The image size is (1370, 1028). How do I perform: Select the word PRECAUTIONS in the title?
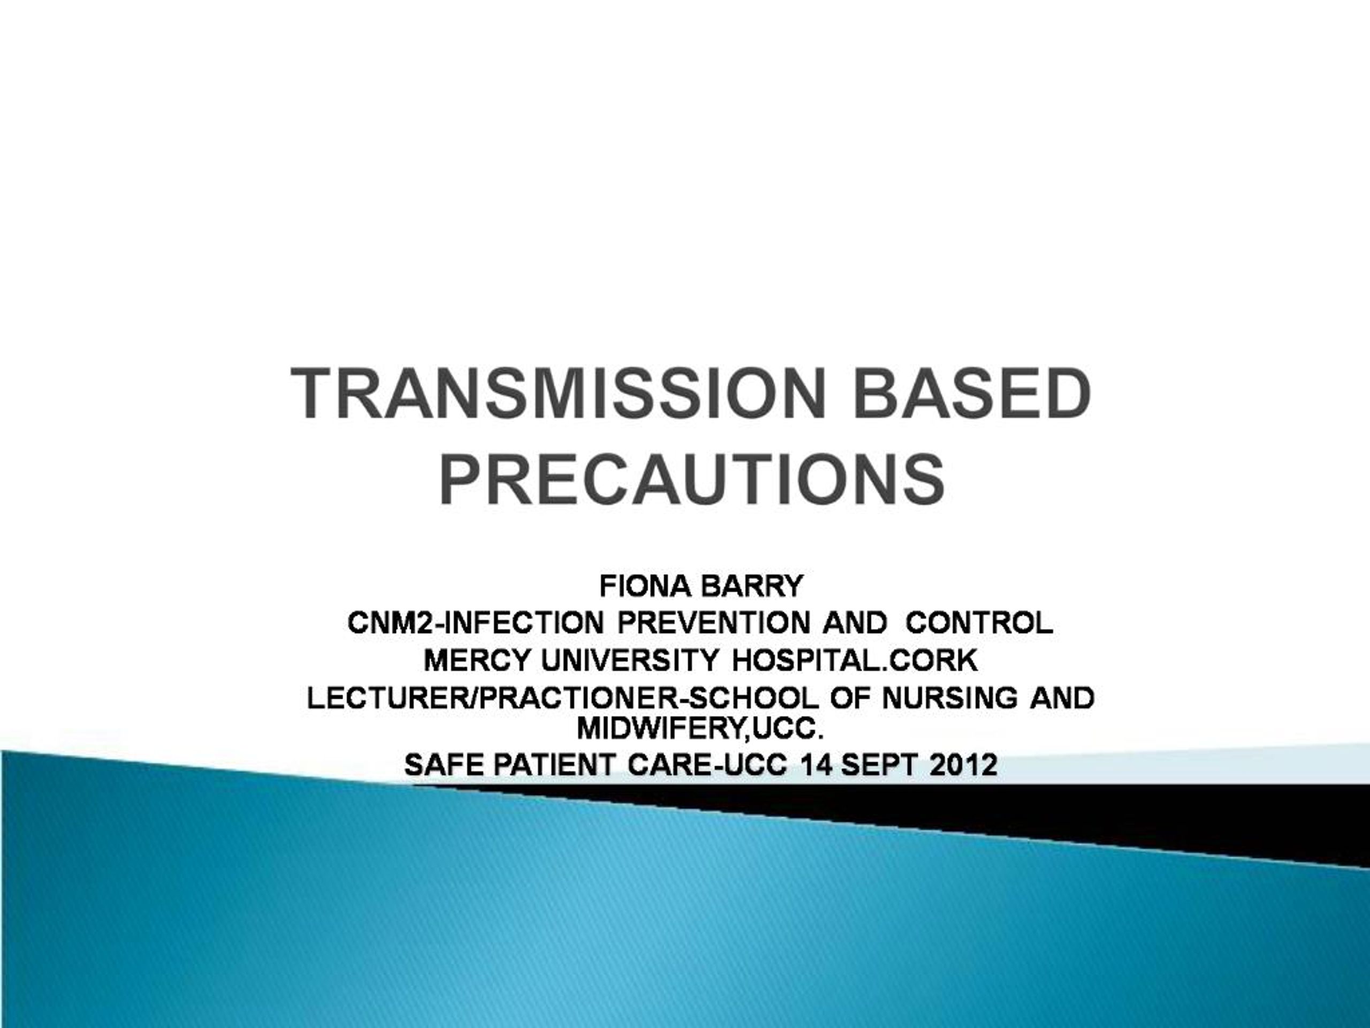[x=692, y=480]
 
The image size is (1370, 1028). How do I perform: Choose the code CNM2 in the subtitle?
[x=391, y=623]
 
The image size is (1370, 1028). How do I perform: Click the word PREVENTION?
[x=713, y=623]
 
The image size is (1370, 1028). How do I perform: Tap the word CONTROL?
[x=979, y=623]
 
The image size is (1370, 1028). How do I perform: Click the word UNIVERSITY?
[x=630, y=661]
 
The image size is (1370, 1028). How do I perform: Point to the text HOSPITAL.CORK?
[x=855, y=661]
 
